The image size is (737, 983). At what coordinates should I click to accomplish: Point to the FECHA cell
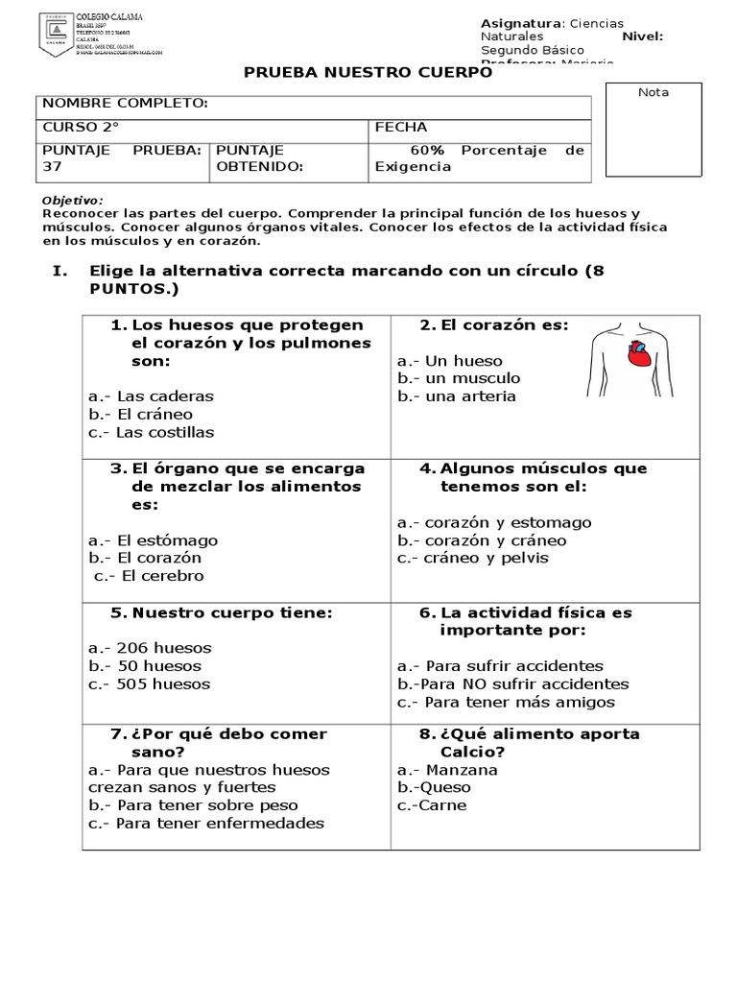(401, 127)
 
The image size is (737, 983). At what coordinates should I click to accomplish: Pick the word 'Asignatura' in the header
(520, 23)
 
